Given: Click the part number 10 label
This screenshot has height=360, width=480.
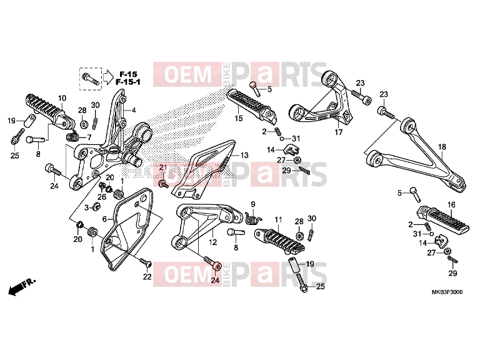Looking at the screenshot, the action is point(62,98).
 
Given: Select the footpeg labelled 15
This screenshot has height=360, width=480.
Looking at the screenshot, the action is point(252,105).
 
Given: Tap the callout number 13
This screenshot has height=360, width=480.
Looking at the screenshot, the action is point(244,155).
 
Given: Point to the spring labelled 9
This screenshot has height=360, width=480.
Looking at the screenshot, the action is point(254,217).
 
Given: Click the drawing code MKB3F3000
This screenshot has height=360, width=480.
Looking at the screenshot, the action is point(447,292).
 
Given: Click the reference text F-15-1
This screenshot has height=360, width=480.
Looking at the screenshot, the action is point(128,82).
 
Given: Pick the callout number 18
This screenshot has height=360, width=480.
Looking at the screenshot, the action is point(442,147).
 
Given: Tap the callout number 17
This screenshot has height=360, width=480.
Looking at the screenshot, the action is point(339,132).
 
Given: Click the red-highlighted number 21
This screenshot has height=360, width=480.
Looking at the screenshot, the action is point(163,167).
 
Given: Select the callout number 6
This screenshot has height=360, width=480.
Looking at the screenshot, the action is point(104,219).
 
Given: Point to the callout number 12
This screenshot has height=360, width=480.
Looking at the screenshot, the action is point(212,242).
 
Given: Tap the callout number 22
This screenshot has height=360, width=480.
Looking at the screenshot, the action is point(147,277).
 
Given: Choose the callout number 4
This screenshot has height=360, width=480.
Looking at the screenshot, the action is point(134,111).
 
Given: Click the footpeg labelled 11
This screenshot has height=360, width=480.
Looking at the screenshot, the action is point(280,241).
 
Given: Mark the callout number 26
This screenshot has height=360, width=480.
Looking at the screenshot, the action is point(102,196).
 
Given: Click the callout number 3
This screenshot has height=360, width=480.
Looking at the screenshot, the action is point(87,208).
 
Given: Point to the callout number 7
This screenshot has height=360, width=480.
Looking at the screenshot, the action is point(89,137).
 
